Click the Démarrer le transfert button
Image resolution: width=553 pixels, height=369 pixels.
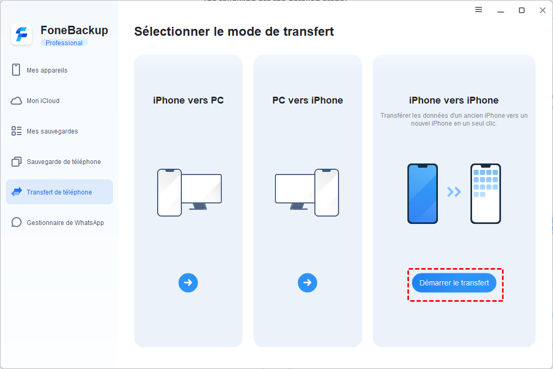pyautogui.click(x=454, y=283)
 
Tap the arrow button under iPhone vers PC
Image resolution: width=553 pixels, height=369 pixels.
pyautogui.click(x=188, y=283)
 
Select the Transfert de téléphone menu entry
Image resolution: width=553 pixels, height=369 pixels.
pyautogui.click(x=59, y=192)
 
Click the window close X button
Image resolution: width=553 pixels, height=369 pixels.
pyautogui.click(x=543, y=10)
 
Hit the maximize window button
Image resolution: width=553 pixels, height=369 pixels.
pyautogui.click(x=521, y=10)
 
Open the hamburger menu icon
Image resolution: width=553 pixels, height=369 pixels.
pyautogui.click(x=478, y=9)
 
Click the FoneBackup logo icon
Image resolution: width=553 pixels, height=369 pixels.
pyautogui.click(x=22, y=35)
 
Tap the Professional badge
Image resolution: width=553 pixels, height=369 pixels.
pyautogui.click(x=64, y=43)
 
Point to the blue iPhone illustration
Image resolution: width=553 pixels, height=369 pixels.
pyautogui.click(x=423, y=193)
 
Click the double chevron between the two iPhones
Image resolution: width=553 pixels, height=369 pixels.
pyautogui.click(x=454, y=192)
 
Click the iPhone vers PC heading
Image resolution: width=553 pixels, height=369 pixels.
pyautogui.click(x=188, y=100)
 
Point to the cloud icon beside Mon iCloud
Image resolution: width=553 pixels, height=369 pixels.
pyautogui.click(x=16, y=101)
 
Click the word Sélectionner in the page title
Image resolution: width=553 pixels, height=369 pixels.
pyautogui.click(x=172, y=32)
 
